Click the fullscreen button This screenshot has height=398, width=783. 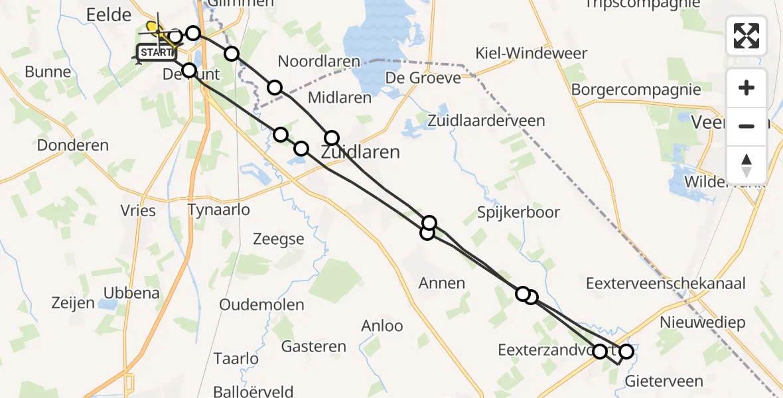point(747,35)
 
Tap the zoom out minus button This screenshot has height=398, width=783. point(747,126)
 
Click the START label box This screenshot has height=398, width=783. point(157,52)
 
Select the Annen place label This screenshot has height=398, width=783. point(442,283)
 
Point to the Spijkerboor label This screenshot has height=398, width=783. point(518,212)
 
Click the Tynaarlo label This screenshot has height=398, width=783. point(219,210)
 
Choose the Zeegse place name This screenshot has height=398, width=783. point(279,239)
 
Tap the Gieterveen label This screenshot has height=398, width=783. point(664,381)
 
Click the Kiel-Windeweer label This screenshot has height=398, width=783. point(532,53)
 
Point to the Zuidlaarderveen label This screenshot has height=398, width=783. point(486,121)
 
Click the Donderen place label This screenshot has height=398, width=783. point(73,145)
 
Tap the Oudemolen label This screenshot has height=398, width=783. point(261,305)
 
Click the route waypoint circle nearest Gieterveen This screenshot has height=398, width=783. point(626,351)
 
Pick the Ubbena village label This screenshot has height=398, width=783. point(131,293)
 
